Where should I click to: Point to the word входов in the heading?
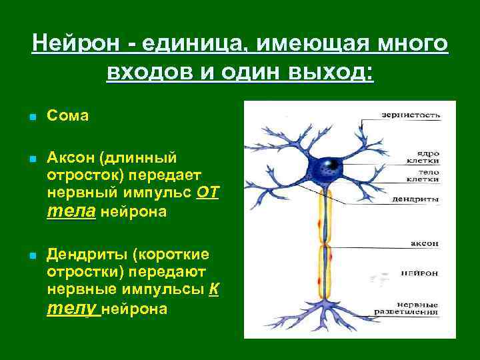(x=146, y=71)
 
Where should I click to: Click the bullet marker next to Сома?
(x=32, y=117)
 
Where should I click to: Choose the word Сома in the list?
(x=68, y=116)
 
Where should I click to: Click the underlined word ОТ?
(x=208, y=193)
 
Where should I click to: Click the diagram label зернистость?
(x=410, y=114)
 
